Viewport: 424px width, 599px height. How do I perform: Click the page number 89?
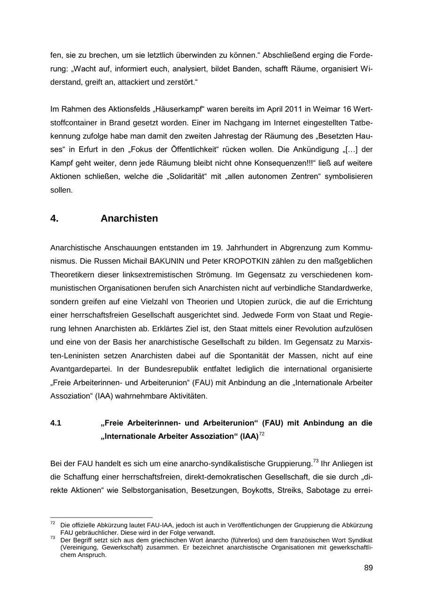click(x=368, y=568)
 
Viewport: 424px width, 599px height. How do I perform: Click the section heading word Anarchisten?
click(x=129, y=219)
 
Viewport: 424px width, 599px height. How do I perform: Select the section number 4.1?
click(x=56, y=423)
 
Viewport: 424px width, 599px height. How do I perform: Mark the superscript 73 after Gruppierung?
click(x=316, y=461)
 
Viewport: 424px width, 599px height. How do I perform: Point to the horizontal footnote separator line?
click(x=101, y=518)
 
